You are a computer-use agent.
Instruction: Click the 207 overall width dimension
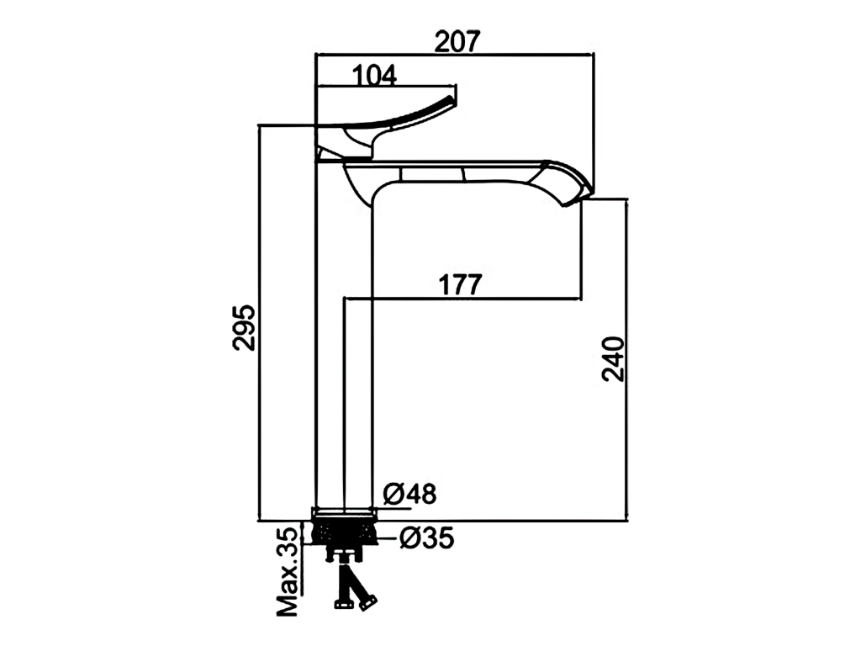tap(457, 41)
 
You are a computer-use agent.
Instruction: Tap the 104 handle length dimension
tap(374, 75)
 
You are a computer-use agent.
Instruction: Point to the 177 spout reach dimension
tap(460, 284)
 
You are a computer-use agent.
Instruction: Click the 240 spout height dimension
tap(613, 359)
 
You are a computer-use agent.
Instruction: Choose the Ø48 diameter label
tap(409, 494)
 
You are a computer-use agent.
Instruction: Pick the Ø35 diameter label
tap(426, 537)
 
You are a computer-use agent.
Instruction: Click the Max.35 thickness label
tap(288, 571)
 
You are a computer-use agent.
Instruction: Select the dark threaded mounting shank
tap(344, 532)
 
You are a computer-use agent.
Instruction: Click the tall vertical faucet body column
tap(345, 341)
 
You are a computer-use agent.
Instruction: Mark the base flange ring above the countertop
tap(344, 513)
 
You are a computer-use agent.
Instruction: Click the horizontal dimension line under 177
tap(462, 299)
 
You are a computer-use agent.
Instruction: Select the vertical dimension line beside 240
tap(626, 359)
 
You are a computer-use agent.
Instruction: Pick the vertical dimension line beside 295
tap(259, 323)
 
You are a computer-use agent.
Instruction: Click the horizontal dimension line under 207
tap(455, 55)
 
